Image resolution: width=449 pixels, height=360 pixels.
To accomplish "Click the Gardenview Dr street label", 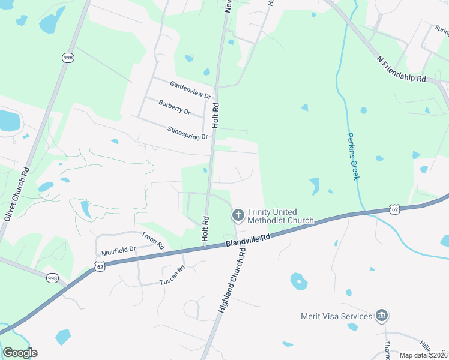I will (x=191, y=91).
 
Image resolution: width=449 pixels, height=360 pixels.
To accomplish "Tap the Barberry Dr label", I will (x=174, y=107).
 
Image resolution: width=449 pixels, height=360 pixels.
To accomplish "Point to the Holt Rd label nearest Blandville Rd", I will (x=205, y=229).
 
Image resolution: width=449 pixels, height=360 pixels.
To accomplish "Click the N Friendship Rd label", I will (x=401, y=70).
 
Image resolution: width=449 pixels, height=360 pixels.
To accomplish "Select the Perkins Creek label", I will (x=353, y=156).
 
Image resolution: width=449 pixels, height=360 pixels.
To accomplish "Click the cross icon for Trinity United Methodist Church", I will (x=238, y=214).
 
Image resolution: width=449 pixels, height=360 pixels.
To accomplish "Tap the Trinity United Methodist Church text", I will (x=280, y=216).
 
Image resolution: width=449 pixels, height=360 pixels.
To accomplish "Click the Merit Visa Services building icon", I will (x=381, y=316).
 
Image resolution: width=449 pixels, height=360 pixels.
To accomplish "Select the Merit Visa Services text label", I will (x=336, y=316).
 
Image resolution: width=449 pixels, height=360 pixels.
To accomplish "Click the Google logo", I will (x=20, y=353).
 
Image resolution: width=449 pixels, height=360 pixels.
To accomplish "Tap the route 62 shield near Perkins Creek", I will (x=394, y=209).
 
